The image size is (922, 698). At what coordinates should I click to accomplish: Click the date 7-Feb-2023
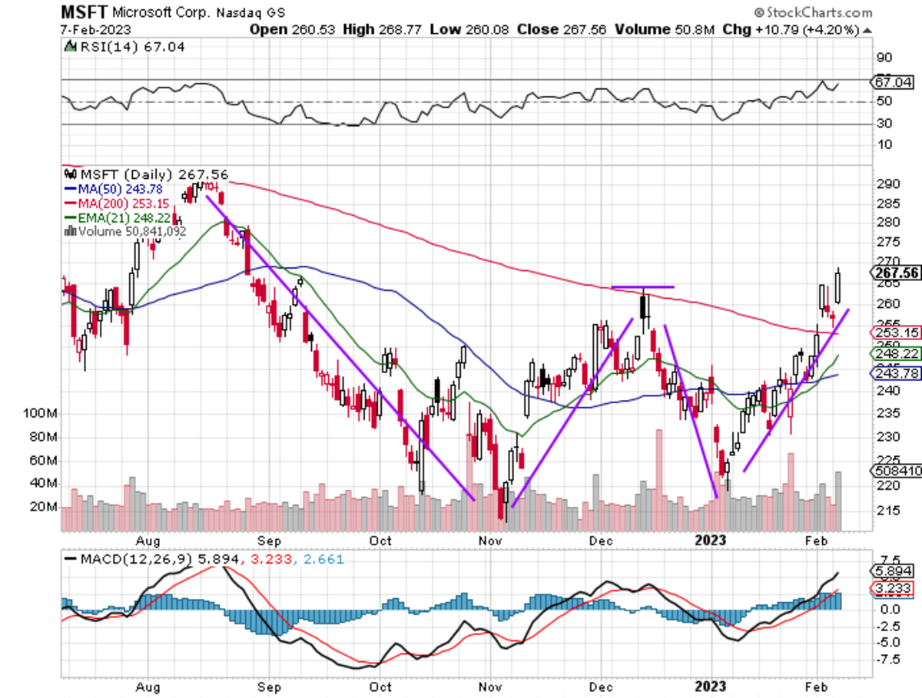pyautogui.click(x=96, y=29)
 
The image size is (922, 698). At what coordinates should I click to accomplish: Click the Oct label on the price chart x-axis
pyautogui.click(x=381, y=540)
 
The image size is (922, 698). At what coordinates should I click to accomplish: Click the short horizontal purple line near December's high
pyautogui.click(x=642, y=287)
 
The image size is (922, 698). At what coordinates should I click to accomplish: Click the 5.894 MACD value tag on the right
pyautogui.click(x=893, y=571)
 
